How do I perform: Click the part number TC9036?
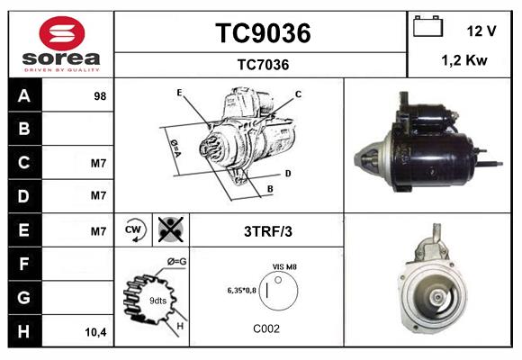pos(262,33)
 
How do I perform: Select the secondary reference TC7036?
pos(262,64)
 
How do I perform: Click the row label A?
pos(23,95)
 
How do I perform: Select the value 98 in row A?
pos(100,95)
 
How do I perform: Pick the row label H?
pos(23,331)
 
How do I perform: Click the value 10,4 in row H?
pos(96,332)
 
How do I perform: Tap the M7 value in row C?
pos(99,164)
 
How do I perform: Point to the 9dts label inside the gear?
pos(157,300)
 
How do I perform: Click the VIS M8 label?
pos(284,267)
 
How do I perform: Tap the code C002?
pos(265,328)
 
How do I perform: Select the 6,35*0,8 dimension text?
pos(244,291)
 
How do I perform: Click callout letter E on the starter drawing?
pos(179,93)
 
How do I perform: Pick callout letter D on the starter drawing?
pos(287,173)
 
